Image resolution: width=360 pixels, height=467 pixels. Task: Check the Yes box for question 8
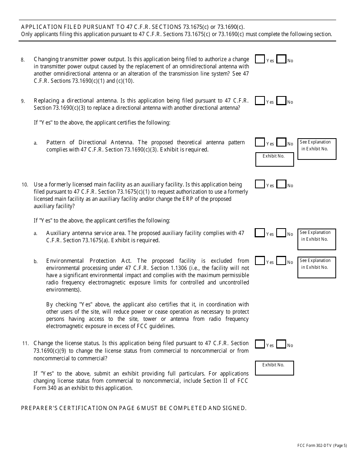pyautogui.click(x=260, y=59)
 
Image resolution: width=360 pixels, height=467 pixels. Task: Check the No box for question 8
pyautogui.click(x=281, y=59)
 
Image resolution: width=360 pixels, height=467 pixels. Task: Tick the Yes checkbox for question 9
pyautogui.click(x=260, y=101)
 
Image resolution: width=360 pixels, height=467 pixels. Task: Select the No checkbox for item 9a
pyautogui.click(x=281, y=142)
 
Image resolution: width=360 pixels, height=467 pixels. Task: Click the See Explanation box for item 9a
pyautogui.click(x=317, y=149)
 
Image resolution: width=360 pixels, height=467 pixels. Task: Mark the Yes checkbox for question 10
pyautogui.click(x=260, y=184)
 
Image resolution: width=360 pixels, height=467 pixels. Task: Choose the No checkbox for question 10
pyautogui.click(x=281, y=184)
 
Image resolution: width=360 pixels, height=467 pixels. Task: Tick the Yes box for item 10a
pyautogui.click(x=260, y=233)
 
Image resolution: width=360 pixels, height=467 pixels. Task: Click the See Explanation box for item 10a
pyautogui.click(x=317, y=239)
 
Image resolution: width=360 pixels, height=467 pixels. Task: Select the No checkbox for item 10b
pyautogui.click(x=281, y=261)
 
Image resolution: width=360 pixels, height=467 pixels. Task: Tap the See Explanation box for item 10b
pyautogui.click(x=317, y=267)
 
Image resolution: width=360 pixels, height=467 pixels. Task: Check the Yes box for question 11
pyautogui.click(x=260, y=344)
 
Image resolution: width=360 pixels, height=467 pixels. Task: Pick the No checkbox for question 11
pyautogui.click(x=281, y=344)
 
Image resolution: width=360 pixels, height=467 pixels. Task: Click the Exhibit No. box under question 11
pyautogui.click(x=275, y=368)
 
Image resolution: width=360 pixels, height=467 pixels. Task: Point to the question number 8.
pyautogui.click(x=23, y=60)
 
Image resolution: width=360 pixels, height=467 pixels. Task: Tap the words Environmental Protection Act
pyautogui.click(x=89, y=261)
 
